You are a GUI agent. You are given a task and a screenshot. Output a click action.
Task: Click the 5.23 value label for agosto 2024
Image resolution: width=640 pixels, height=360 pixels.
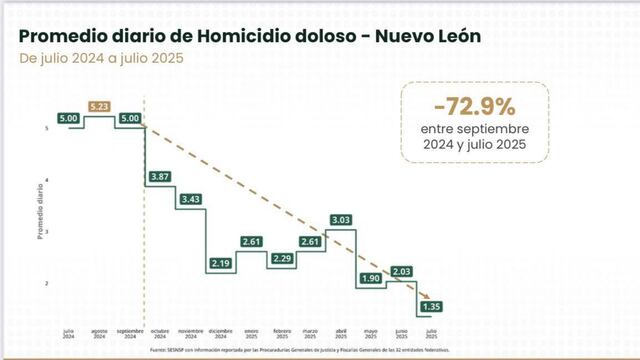tap(98, 107)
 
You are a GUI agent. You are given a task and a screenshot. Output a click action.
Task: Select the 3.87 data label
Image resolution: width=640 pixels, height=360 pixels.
tap(159, 176)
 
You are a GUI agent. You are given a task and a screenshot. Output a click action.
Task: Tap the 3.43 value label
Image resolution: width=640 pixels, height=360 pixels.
tap(189, 199)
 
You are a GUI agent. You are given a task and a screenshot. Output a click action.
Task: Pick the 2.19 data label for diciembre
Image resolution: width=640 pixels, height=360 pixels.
tap(220, 263)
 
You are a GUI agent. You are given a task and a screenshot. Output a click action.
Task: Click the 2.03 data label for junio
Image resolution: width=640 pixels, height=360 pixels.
tap(402, 271)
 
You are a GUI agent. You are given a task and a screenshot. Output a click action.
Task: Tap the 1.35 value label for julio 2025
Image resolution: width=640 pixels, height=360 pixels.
tap(432, 306)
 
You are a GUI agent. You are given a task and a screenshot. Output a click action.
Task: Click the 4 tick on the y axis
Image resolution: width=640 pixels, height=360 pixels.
tap(47, 180)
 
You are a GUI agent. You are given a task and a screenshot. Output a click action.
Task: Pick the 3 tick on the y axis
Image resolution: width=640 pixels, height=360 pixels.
tap(47, 232)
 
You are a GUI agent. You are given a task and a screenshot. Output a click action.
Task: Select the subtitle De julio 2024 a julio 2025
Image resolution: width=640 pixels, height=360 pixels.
tap(101, 57)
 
